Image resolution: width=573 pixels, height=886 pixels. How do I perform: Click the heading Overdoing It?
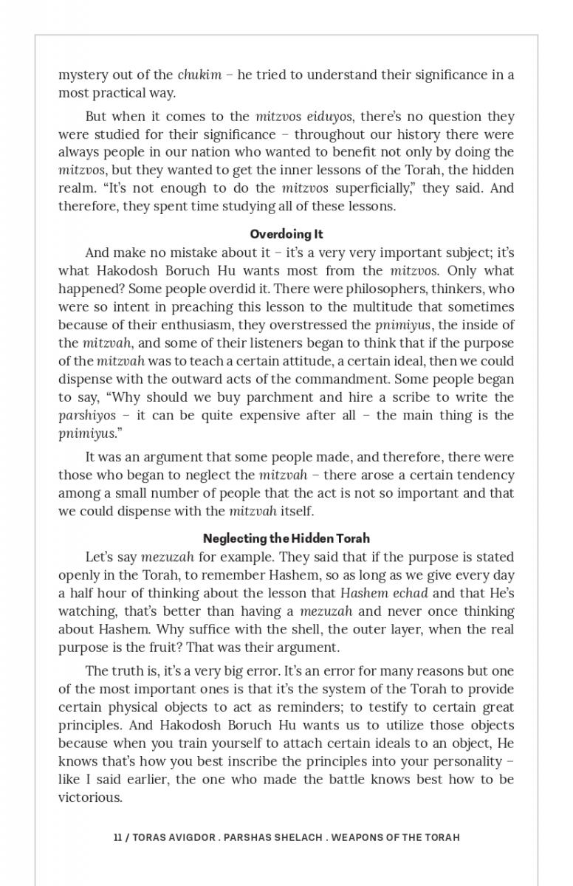(286, 234)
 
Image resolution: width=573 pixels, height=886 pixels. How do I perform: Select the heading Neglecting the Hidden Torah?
(286, 538)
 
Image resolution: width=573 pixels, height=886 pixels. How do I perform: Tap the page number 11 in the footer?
(118, 837)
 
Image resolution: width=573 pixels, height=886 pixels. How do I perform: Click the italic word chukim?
(199, 75)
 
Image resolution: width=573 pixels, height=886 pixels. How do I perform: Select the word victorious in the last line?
(89, 797)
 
